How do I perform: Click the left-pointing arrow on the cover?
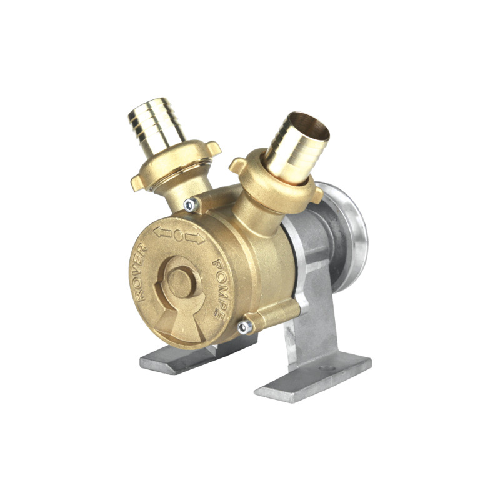coord(162,232)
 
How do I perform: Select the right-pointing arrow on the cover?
coord(195,238)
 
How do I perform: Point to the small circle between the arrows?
coord(179,236)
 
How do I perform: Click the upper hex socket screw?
coord(190,205)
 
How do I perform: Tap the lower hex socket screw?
coord(245,327)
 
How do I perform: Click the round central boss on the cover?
coord(179,282)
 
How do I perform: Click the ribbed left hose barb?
coord(156,126)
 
